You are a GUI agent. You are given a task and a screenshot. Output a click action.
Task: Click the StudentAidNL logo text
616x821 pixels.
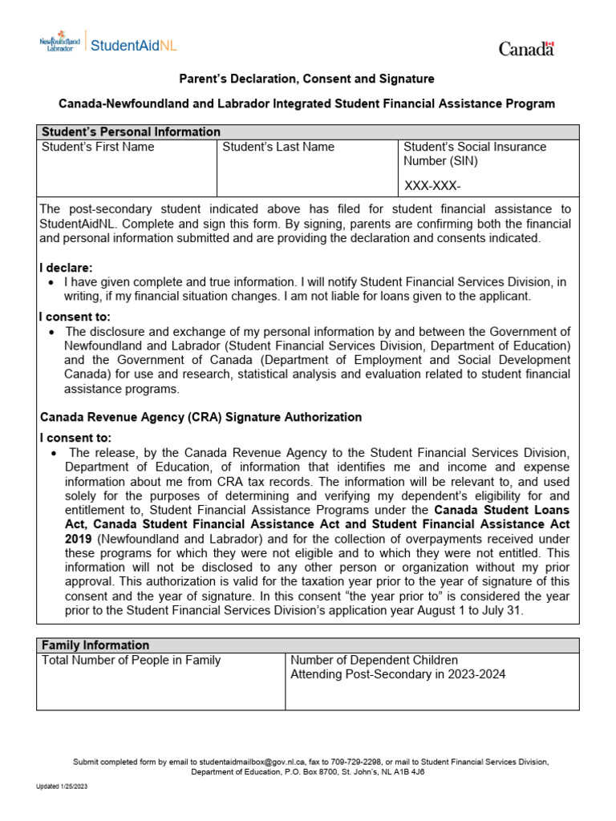pyautogui.click(x=134, y=45)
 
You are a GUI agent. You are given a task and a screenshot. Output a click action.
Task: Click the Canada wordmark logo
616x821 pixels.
pyautogui.click(x=526, y=49)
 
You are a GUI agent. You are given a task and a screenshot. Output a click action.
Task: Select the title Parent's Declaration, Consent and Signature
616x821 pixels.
pyautogui.click(x=307, y=79)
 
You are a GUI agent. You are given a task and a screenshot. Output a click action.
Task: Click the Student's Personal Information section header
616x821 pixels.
pyautogui.click(x=131, y=132)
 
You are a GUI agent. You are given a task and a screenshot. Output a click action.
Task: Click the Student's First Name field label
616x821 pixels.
pyautogui.click(x=98, y=148)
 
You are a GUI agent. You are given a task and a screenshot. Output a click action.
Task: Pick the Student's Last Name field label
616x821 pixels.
pyautogui.click(x=278, y=148)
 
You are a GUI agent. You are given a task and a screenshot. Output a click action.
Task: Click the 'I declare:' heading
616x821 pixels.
pyautogui.click(x=67, y=268)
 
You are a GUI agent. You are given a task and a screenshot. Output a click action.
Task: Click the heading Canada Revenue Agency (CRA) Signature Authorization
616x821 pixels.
pyautogui.click(x=201, y=418)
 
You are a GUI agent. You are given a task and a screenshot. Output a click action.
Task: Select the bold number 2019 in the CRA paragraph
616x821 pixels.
pyautogui.click(x=79, y=539)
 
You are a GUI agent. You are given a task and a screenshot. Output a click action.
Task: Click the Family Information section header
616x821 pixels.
pyautogui.click(x=95, y=645)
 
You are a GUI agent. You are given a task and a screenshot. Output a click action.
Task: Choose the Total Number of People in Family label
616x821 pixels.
pyautogui.click(x=131, y=661)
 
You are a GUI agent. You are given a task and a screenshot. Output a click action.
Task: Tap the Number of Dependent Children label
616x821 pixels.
pyautogui.click(x=374, y=661)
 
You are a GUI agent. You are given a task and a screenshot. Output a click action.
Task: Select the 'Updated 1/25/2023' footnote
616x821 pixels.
pyautogui.click(x=62, y=787)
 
